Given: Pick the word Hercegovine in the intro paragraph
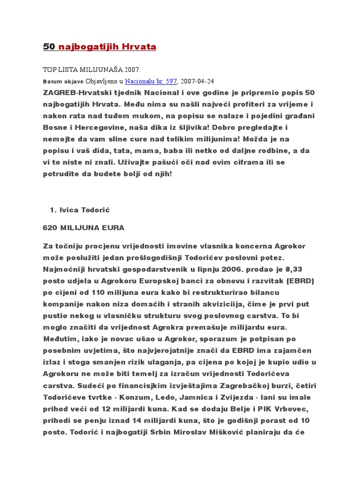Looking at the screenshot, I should pos(96,127).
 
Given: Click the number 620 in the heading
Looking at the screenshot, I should pos(50,228).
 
